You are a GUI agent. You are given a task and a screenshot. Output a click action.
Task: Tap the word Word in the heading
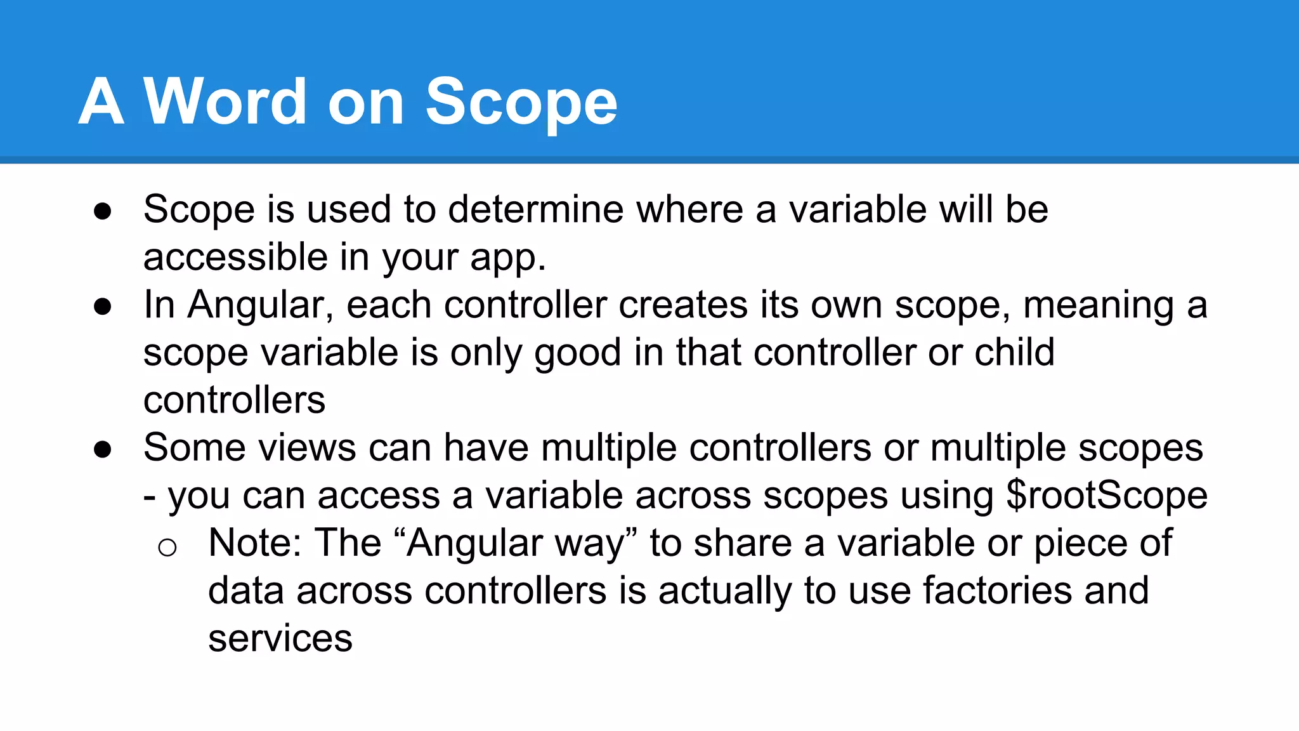pos(225,102)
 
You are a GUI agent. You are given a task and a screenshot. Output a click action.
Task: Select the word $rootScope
pos(1107,496)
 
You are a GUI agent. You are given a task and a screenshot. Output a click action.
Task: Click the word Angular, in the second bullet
pos(261,305)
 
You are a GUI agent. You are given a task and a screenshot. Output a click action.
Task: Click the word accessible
pos(235,258)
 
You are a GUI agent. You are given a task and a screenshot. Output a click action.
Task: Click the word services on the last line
pos(280,638)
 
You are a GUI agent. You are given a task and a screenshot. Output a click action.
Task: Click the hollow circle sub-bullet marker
pos(167,547)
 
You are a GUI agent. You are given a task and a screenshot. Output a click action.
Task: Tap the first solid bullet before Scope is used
pos(102,211)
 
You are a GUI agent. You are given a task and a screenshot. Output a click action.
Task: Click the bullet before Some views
pos(102,450)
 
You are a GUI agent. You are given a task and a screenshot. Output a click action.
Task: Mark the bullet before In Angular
pos(102,307)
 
